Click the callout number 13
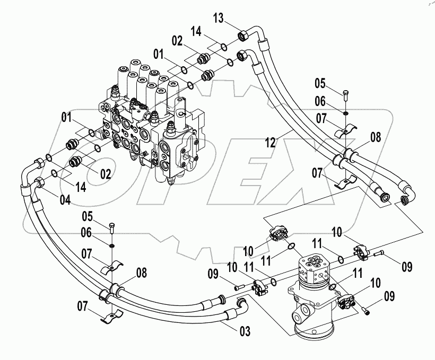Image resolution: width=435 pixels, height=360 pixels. [219, 18]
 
